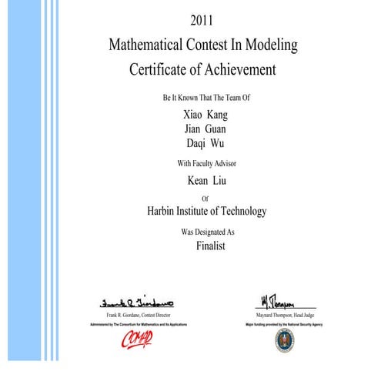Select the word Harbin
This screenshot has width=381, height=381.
(164, 211)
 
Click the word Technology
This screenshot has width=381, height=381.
(239, 211)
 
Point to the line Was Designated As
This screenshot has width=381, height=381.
(206, 231)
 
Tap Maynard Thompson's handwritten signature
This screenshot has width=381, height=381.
(274, 300)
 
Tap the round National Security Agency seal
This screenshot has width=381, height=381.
(284, 342)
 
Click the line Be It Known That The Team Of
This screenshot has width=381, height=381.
(206, 98)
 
